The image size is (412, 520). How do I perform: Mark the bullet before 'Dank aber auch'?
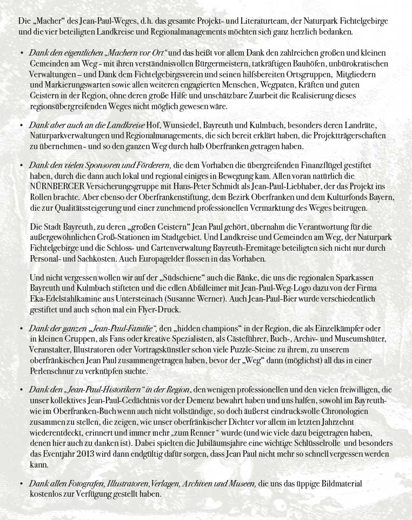[x=21, y=126]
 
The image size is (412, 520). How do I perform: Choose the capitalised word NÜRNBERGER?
[x=55, y=185]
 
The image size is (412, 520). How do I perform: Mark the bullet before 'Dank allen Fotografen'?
[x=21, y=484]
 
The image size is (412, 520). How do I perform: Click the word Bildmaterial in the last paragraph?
[x=341, y=484]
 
